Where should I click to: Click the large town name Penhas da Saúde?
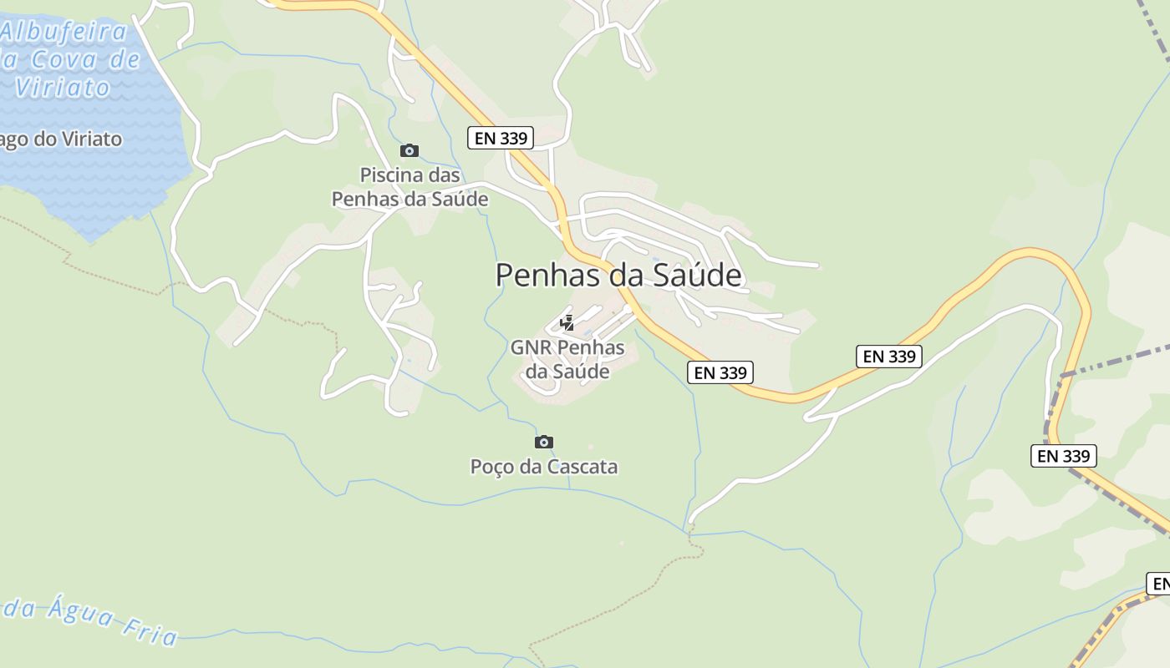pos(618,275)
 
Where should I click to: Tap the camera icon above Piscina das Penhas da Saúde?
pos(409,151)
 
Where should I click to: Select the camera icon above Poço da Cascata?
pos(544,442)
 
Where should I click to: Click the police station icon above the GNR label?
pos(567,322)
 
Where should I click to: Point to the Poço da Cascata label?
pos(544,466)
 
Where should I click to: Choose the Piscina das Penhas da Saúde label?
pos(409,187)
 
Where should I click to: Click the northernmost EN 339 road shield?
pos(501,138)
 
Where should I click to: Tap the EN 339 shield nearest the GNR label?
pos(720,372)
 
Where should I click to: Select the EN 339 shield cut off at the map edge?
pos(1158,584)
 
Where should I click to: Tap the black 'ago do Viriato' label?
pos(61,139)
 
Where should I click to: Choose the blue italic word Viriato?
pos(63,88)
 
